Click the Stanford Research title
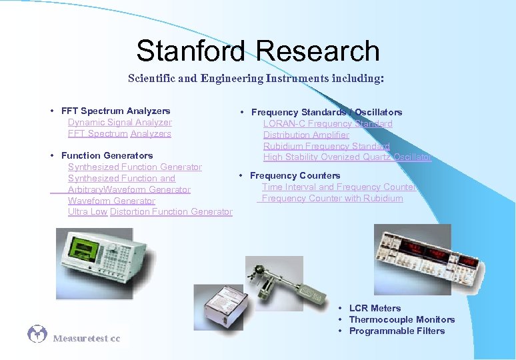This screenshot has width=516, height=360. coord(257,51)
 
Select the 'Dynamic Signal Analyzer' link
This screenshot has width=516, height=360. coord(119,123)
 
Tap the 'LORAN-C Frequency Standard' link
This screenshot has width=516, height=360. coord(327,124)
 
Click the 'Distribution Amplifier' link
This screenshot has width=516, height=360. coord(306,135)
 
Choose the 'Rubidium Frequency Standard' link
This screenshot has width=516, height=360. coord(326,147)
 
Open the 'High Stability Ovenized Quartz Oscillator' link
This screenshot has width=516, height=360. coord(347,158)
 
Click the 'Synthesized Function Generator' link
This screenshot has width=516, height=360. coord(135,167)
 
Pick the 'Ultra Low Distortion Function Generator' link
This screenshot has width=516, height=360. coord(150,212)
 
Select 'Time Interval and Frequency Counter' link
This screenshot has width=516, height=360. coord(339,187)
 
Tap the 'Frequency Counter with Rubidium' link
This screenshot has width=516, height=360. coord(332,199)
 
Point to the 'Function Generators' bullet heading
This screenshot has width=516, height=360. coord(107,156)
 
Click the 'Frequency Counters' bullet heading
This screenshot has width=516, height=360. coord(295,176)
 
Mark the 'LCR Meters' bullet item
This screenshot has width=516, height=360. coord(375,309)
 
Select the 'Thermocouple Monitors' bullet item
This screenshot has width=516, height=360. coord(401,320)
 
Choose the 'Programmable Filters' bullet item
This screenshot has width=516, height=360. coord(397,331)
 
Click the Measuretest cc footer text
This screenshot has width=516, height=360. coord(87,339)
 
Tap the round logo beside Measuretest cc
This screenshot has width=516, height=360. coord(37,335)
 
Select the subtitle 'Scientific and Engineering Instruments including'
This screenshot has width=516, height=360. coord(255,79)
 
